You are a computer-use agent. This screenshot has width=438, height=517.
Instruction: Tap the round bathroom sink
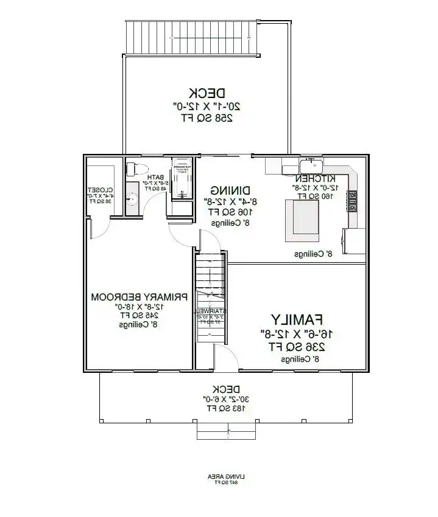[x=132, y=198]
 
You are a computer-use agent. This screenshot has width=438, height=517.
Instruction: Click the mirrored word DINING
[x=222, y=190]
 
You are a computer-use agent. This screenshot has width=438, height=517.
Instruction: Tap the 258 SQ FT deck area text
[x=207, y=119]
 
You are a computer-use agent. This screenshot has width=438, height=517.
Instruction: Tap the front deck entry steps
[x=226, y=431]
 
